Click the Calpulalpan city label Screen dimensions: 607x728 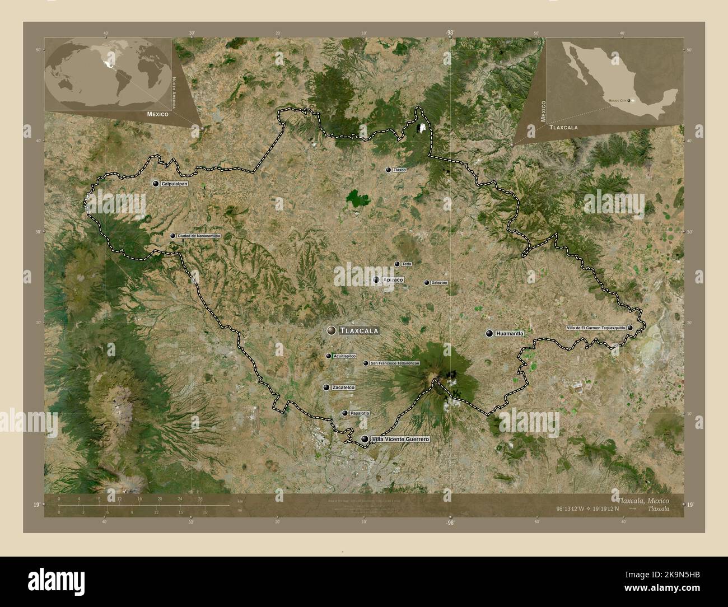pyautogui.click(x=172, y=184)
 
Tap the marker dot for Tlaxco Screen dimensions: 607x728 pyautogui.click(x=388, y=170)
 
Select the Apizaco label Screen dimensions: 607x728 pyautogui.click(x=393, y=279)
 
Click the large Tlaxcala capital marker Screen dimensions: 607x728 pyautogui.click(x=332, y=331)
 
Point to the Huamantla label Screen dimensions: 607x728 pyautogui.click(x=510, y=334)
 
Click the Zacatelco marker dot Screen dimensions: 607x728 pyautogui.click(x=326, y=387)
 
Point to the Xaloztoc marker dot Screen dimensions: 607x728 pyautogui.click(x=427, y=283)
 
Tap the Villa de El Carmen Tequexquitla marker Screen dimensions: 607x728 pyautogui.click(x=630, y=328)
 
